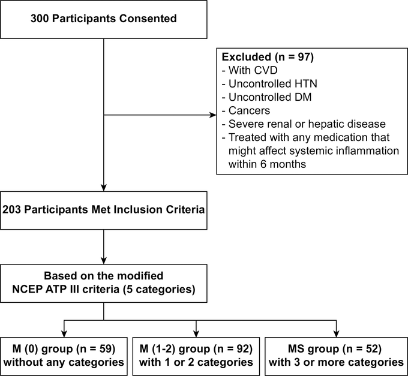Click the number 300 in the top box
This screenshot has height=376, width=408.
coord(40,19)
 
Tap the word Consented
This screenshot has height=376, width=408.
coord(148,19)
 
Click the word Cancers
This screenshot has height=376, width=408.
coord(249,111)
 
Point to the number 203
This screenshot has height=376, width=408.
coord(12,209)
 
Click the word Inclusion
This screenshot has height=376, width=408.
coord(138,209)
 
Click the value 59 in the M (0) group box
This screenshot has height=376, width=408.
coord(106,348)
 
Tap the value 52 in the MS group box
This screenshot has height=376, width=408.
coord(372,348)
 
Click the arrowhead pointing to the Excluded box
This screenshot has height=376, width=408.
coord(213,115)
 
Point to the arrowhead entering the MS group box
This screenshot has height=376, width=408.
coord(337,334)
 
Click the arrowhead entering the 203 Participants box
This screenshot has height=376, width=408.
coord(104,188)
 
